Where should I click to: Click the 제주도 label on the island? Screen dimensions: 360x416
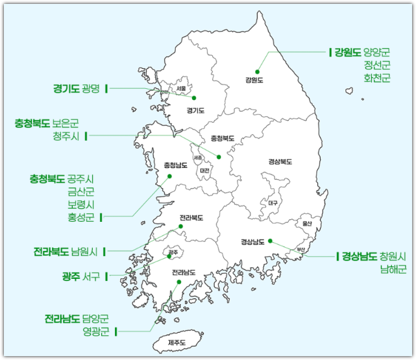click(x=177, y=342)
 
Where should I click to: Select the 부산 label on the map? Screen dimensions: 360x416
click(x=300, y=249)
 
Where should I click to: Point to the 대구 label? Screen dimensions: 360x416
click(x=273, y=203)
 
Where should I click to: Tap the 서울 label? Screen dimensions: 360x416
click(x=182, y=88)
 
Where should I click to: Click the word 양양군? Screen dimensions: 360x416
click(x=377, y=51)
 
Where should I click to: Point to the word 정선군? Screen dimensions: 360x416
click(x=377, y=65)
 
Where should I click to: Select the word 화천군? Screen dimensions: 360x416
click(x=377, y=78)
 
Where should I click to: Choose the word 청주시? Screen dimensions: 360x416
click(x=66, y=136)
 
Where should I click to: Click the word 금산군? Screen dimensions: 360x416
click(x=81, y=191)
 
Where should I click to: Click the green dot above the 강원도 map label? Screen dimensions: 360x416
click(x=257, y=71)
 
